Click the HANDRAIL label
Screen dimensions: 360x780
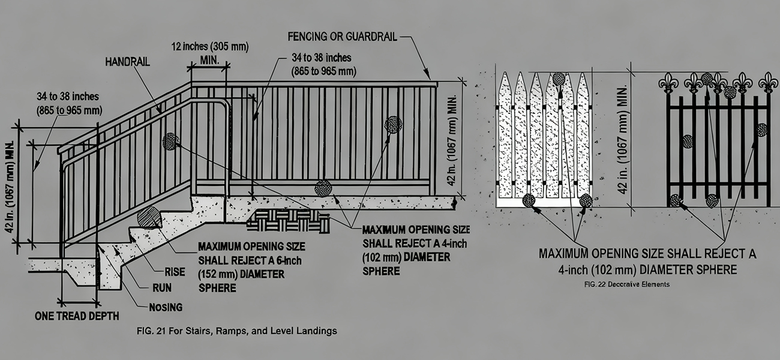[x=127, y=62]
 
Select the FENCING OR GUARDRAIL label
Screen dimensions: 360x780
[x=342, y=36]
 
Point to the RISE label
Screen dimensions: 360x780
[x=175, y=271]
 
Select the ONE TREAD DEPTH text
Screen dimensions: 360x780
[x=76, y=316]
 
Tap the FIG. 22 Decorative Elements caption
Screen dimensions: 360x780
[x=626, y=284]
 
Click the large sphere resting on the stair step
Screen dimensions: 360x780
[x=148, y=218]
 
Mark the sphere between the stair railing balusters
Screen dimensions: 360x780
[x=170, y=142]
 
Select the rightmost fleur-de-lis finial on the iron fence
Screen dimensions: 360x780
[x=767, y=82]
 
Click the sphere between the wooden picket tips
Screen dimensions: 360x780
[x=559, y=78]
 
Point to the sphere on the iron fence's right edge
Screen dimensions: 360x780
[x=762, y=130]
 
